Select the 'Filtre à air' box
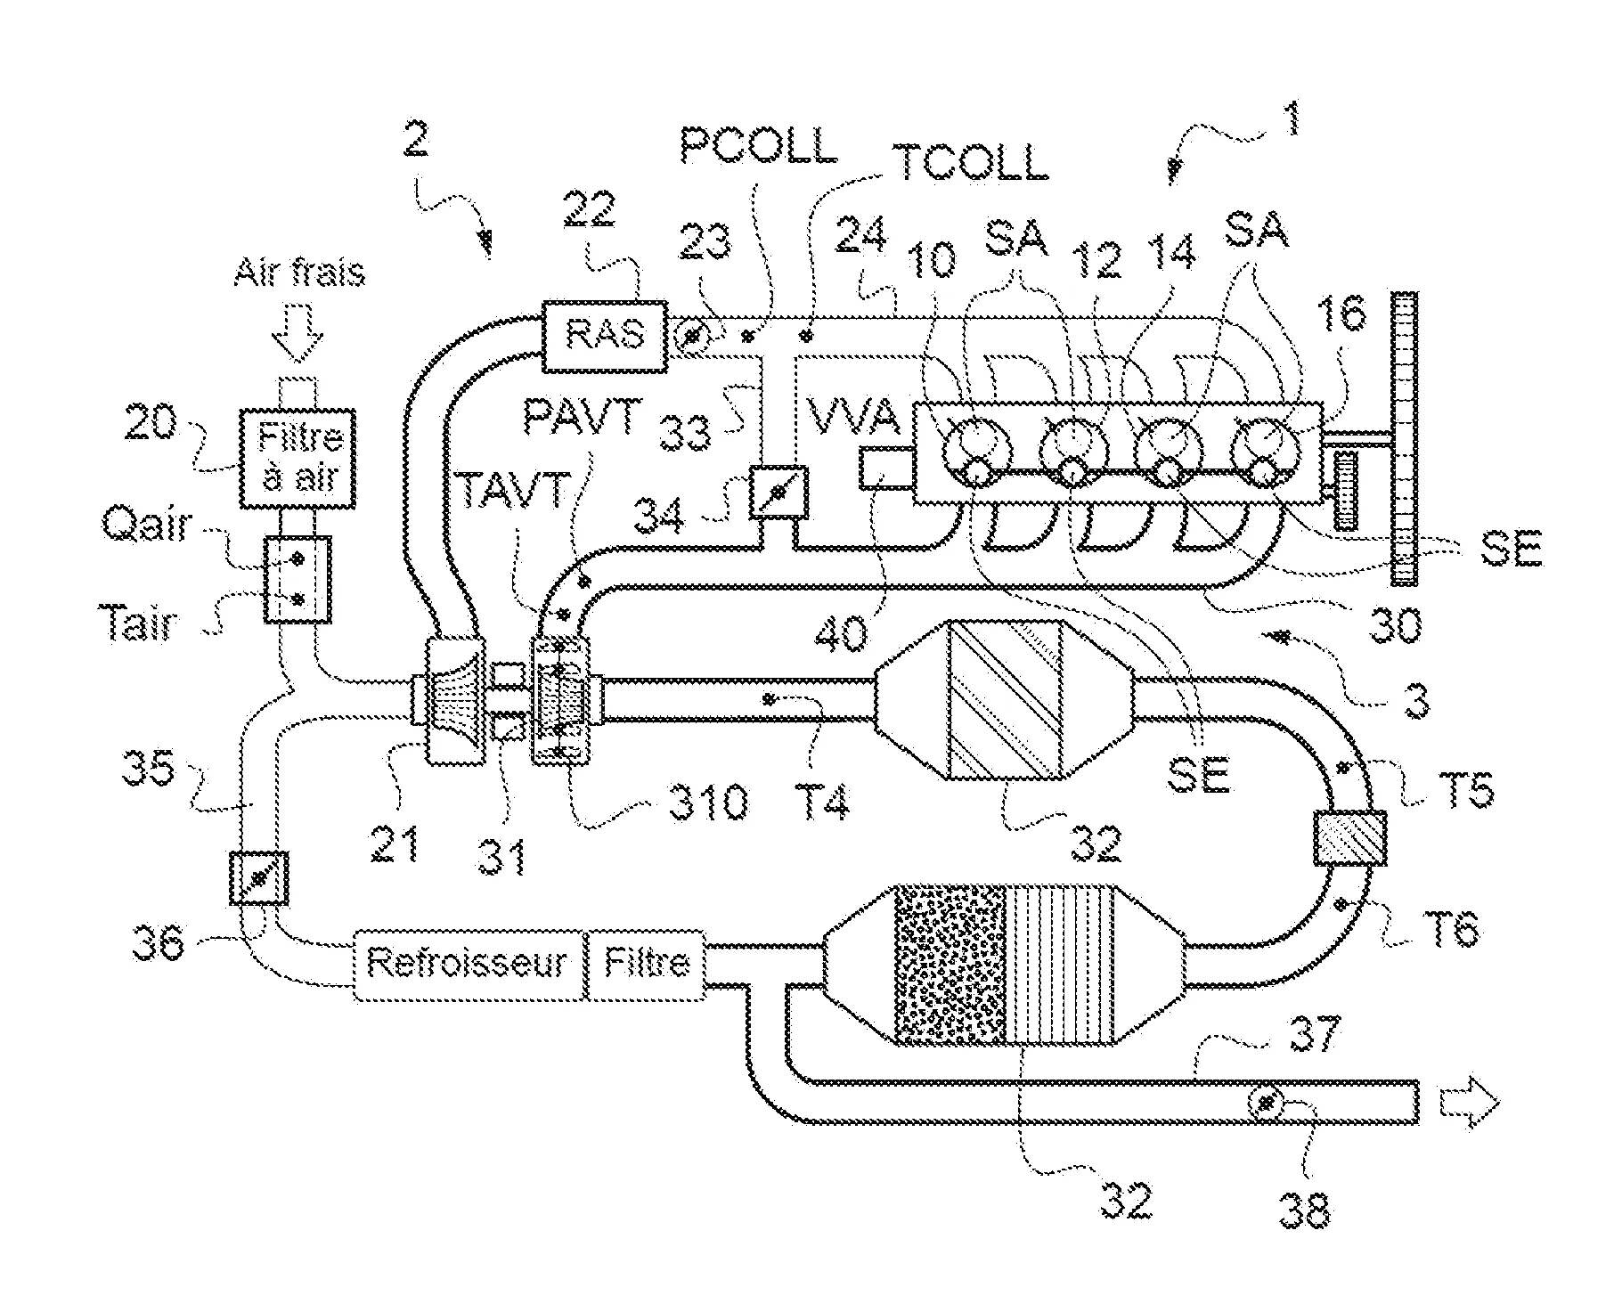click(298, 459)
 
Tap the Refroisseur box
click(468, 964)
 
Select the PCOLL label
click(758, 145)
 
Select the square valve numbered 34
click(777, 493)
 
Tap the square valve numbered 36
click(258, 878)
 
